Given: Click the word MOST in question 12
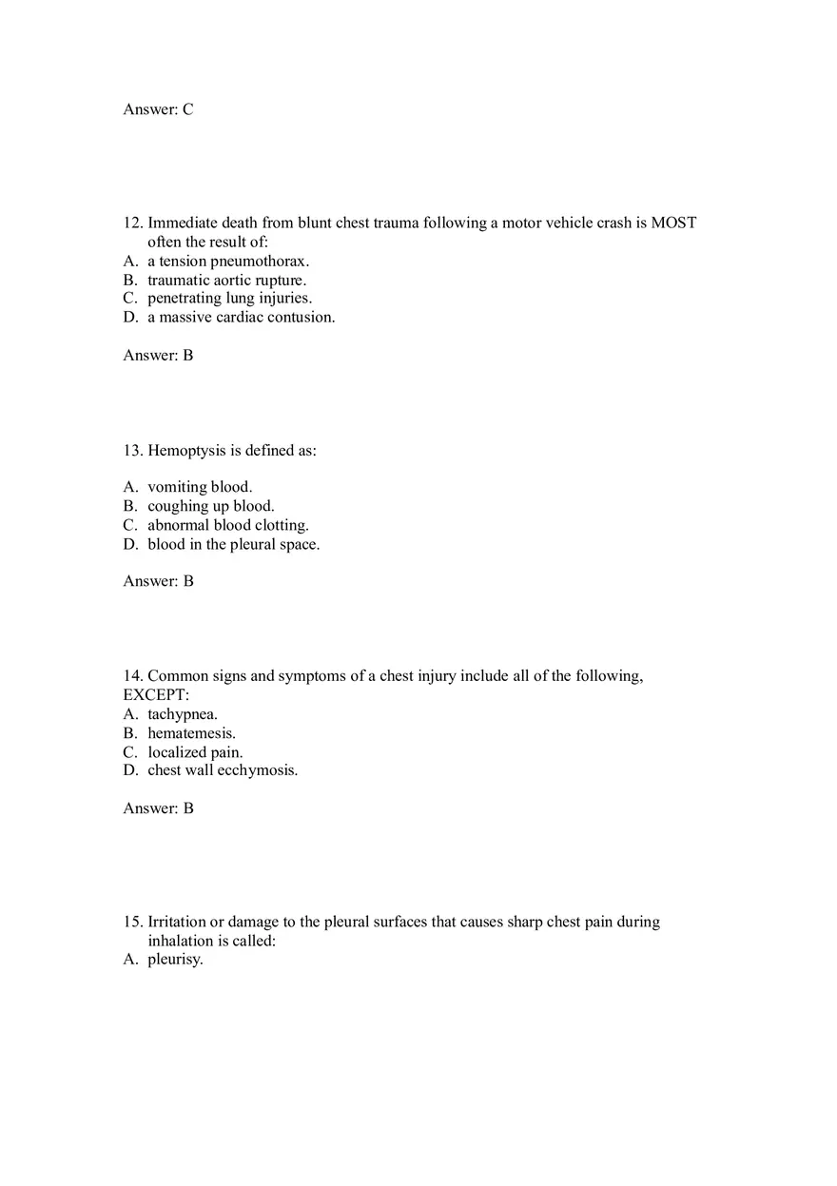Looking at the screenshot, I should [x=673, y=224].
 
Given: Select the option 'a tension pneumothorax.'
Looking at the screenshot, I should [x=228, y=261].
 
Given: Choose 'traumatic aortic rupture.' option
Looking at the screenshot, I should [x=226, y=280].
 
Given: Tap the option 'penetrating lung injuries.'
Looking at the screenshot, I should [x=229, y=299].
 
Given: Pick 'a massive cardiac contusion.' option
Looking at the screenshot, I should [x=241, y=318].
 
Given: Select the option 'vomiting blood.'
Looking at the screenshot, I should [x=200, y=487].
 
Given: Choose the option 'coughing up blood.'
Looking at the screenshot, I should [x=210, y=506].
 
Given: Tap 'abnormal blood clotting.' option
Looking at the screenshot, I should [x=227, y=525].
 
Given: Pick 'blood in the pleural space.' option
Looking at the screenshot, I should [x=233, y=545].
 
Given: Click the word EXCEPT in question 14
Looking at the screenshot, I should [x=156, y=695].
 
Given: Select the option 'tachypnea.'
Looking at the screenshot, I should [x=183, y=714].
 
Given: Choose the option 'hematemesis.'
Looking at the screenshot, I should [x=191, y=733].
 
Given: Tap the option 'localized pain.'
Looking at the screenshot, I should [x=195, y=752].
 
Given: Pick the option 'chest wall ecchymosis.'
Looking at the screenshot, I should [x=223, y=770].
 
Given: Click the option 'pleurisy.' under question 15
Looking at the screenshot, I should [x=175, y=960].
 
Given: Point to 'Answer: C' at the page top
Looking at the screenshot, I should [x=158, y=109].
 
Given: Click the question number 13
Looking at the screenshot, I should [x=132, y=451].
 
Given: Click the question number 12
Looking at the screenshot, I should [x=132, y=224].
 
